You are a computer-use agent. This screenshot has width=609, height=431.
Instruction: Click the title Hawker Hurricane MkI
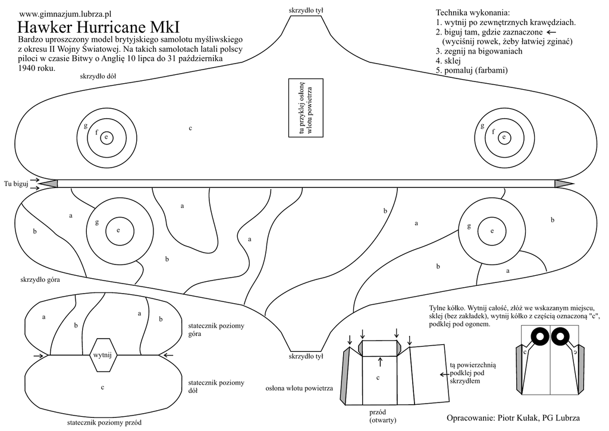[98, 27]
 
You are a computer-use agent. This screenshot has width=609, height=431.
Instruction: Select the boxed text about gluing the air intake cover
[306, 108]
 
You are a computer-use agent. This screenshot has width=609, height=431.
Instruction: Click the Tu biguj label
[16, 184]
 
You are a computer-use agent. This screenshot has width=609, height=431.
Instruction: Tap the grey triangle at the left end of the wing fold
[49, 184]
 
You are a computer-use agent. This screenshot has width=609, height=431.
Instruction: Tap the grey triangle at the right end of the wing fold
[562, 184]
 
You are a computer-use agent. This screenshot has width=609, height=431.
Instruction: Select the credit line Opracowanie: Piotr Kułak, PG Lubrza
[513, 417]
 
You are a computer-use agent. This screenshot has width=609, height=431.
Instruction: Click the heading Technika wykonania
[473, 12]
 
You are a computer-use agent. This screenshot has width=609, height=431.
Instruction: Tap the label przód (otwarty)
[378, 416]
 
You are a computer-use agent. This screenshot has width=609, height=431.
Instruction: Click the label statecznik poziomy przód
[105, 423]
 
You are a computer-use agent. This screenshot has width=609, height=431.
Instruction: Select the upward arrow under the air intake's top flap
[380, 361]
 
